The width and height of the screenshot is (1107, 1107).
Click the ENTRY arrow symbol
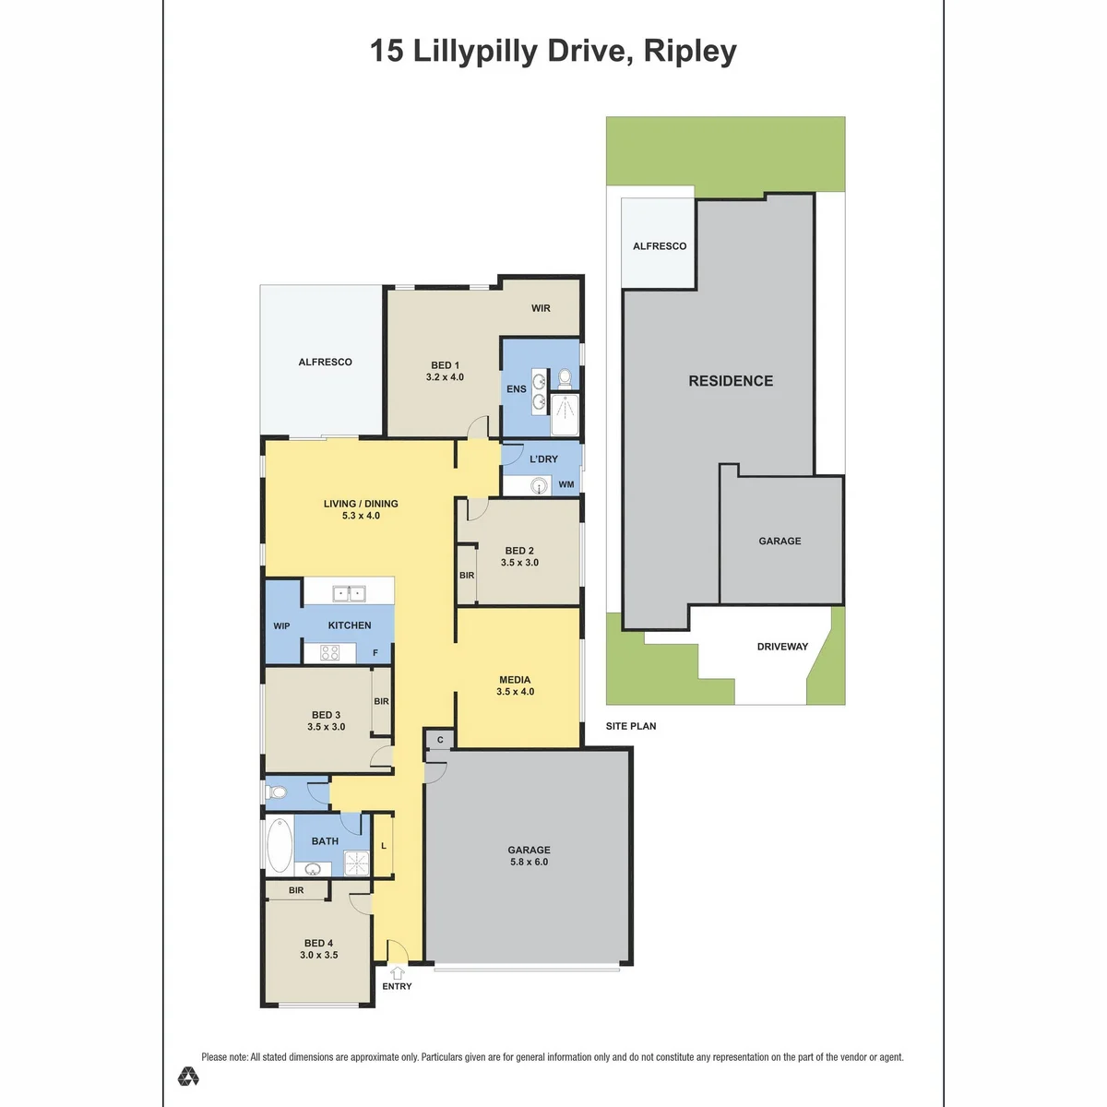397,972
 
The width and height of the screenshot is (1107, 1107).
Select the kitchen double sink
349,593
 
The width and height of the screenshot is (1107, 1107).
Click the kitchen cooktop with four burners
329,652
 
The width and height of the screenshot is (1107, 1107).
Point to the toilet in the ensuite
565,377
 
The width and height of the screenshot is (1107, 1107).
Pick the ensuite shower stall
565,414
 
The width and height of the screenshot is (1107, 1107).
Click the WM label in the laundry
565,484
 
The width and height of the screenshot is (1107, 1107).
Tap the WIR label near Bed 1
541,308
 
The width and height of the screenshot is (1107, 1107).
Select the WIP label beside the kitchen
281,625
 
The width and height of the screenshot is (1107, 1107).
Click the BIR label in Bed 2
467,575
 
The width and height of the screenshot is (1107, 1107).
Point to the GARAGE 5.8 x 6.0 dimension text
530,862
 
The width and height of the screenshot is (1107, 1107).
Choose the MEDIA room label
515,680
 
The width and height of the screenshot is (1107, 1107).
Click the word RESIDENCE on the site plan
731,381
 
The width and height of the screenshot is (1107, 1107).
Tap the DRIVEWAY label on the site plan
782,647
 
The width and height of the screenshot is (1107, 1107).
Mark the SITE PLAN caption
631,726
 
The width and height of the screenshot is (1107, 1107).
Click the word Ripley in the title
690,51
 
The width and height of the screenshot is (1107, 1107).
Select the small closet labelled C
440,740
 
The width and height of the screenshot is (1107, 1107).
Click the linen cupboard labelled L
383,846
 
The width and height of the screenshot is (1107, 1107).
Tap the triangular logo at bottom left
188,1076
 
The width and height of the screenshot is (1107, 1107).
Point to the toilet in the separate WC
277,792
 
